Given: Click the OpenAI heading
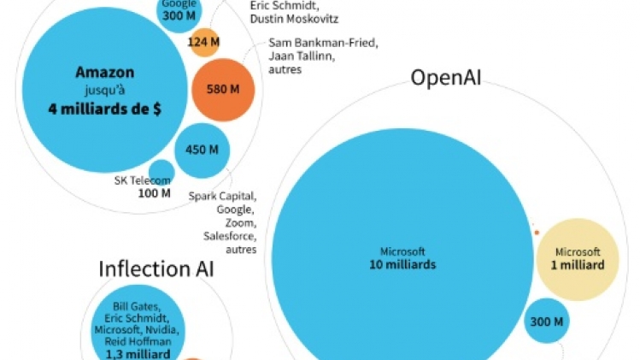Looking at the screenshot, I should (x=446, y=78).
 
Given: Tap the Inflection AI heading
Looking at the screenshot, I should (x=156, y=269).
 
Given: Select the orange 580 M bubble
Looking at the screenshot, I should (x=222, y=89).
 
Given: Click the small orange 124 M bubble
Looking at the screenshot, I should (x=203, y=42).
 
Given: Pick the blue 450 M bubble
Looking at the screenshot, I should (x=202, y=150).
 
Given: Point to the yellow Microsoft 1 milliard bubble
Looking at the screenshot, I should (x=578, y=259).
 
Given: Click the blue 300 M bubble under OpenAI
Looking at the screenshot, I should (x=547, y=322).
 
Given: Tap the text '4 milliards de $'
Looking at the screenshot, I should (x=104, y=109).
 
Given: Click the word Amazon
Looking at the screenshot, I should (x=104, y=73).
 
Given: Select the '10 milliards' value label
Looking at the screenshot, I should (x=402, y=265).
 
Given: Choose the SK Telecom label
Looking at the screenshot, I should (x=143, y=180).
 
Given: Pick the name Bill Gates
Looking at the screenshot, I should (x=138, y=305).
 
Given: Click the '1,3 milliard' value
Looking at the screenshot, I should (x=138, y=353).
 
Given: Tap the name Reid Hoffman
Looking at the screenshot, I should (x=138, y=341).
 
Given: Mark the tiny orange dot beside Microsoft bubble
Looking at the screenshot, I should (x=537, y=233).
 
